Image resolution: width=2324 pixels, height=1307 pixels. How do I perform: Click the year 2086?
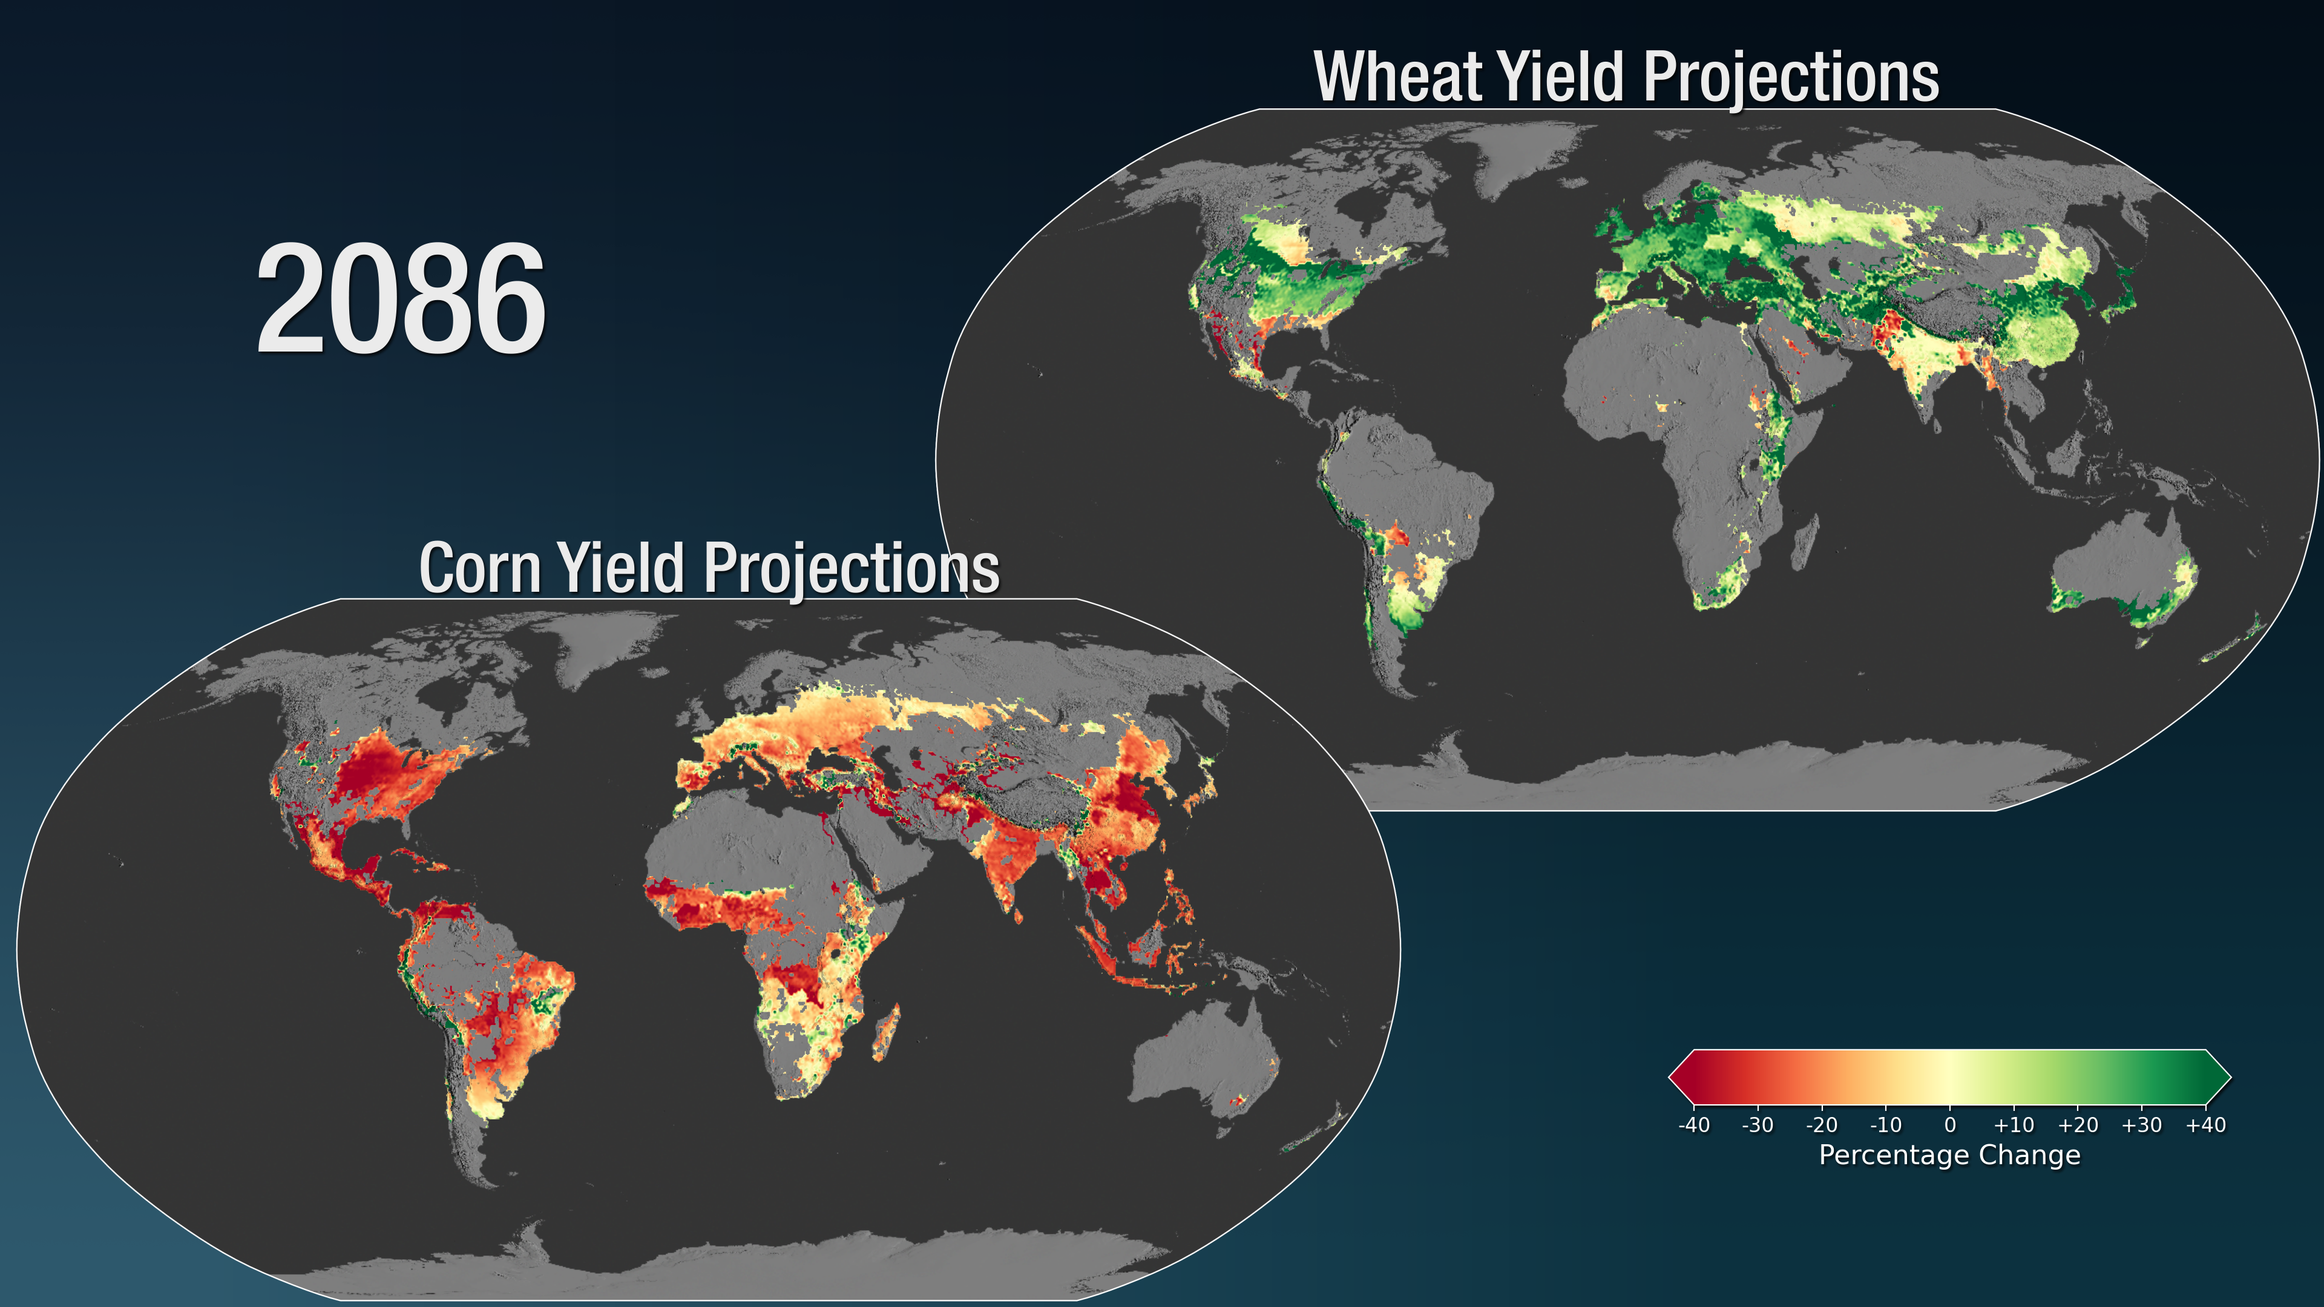coord(401,300)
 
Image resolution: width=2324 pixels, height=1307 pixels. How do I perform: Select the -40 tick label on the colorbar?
coord(1693,1125)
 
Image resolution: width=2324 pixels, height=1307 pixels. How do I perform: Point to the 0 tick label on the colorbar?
coord(1949,1125)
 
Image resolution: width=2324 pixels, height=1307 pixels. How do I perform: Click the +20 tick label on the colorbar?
coord(2078,1125)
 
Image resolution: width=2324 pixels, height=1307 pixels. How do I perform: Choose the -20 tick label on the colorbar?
coord(1822,1125)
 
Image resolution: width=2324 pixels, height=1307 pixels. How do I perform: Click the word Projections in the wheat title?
coord(1791,79)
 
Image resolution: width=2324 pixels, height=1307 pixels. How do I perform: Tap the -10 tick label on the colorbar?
coord(1886,1125)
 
